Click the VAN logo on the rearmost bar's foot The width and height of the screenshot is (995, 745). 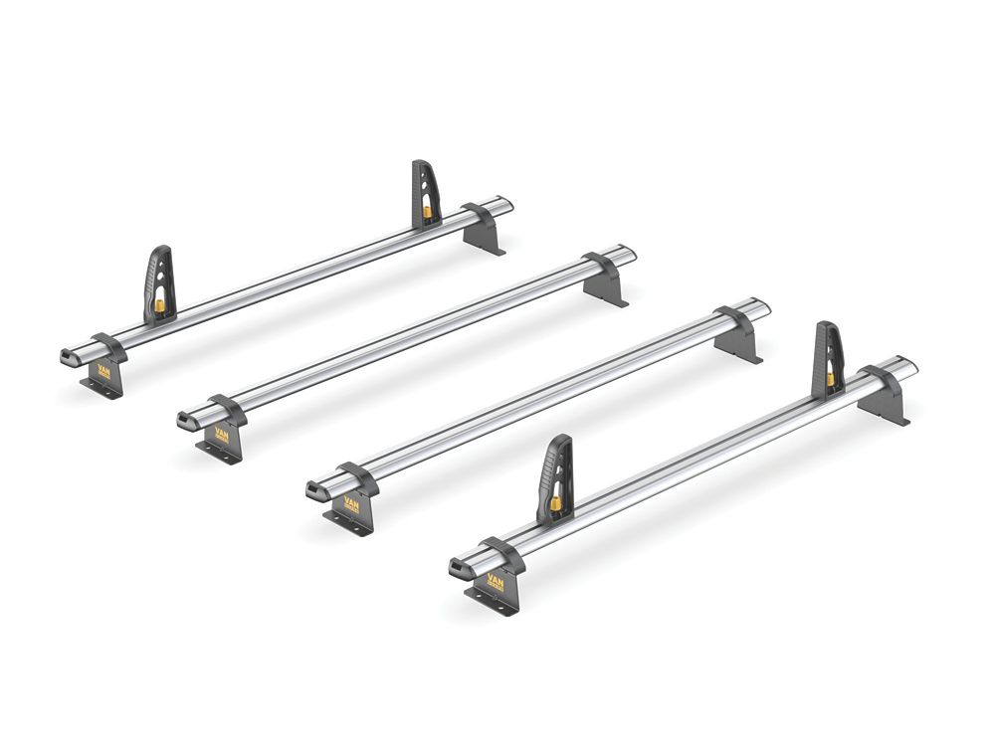(104, 369)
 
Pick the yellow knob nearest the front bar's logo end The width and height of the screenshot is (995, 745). (555, 503)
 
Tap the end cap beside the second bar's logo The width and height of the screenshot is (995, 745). (187, 422)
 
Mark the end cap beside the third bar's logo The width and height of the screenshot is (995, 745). (315, 491)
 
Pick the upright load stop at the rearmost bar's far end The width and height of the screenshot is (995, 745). (425, 193)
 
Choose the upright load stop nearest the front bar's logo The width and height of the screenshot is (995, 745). (557, 478)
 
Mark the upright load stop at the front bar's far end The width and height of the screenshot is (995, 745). (828, 357)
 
